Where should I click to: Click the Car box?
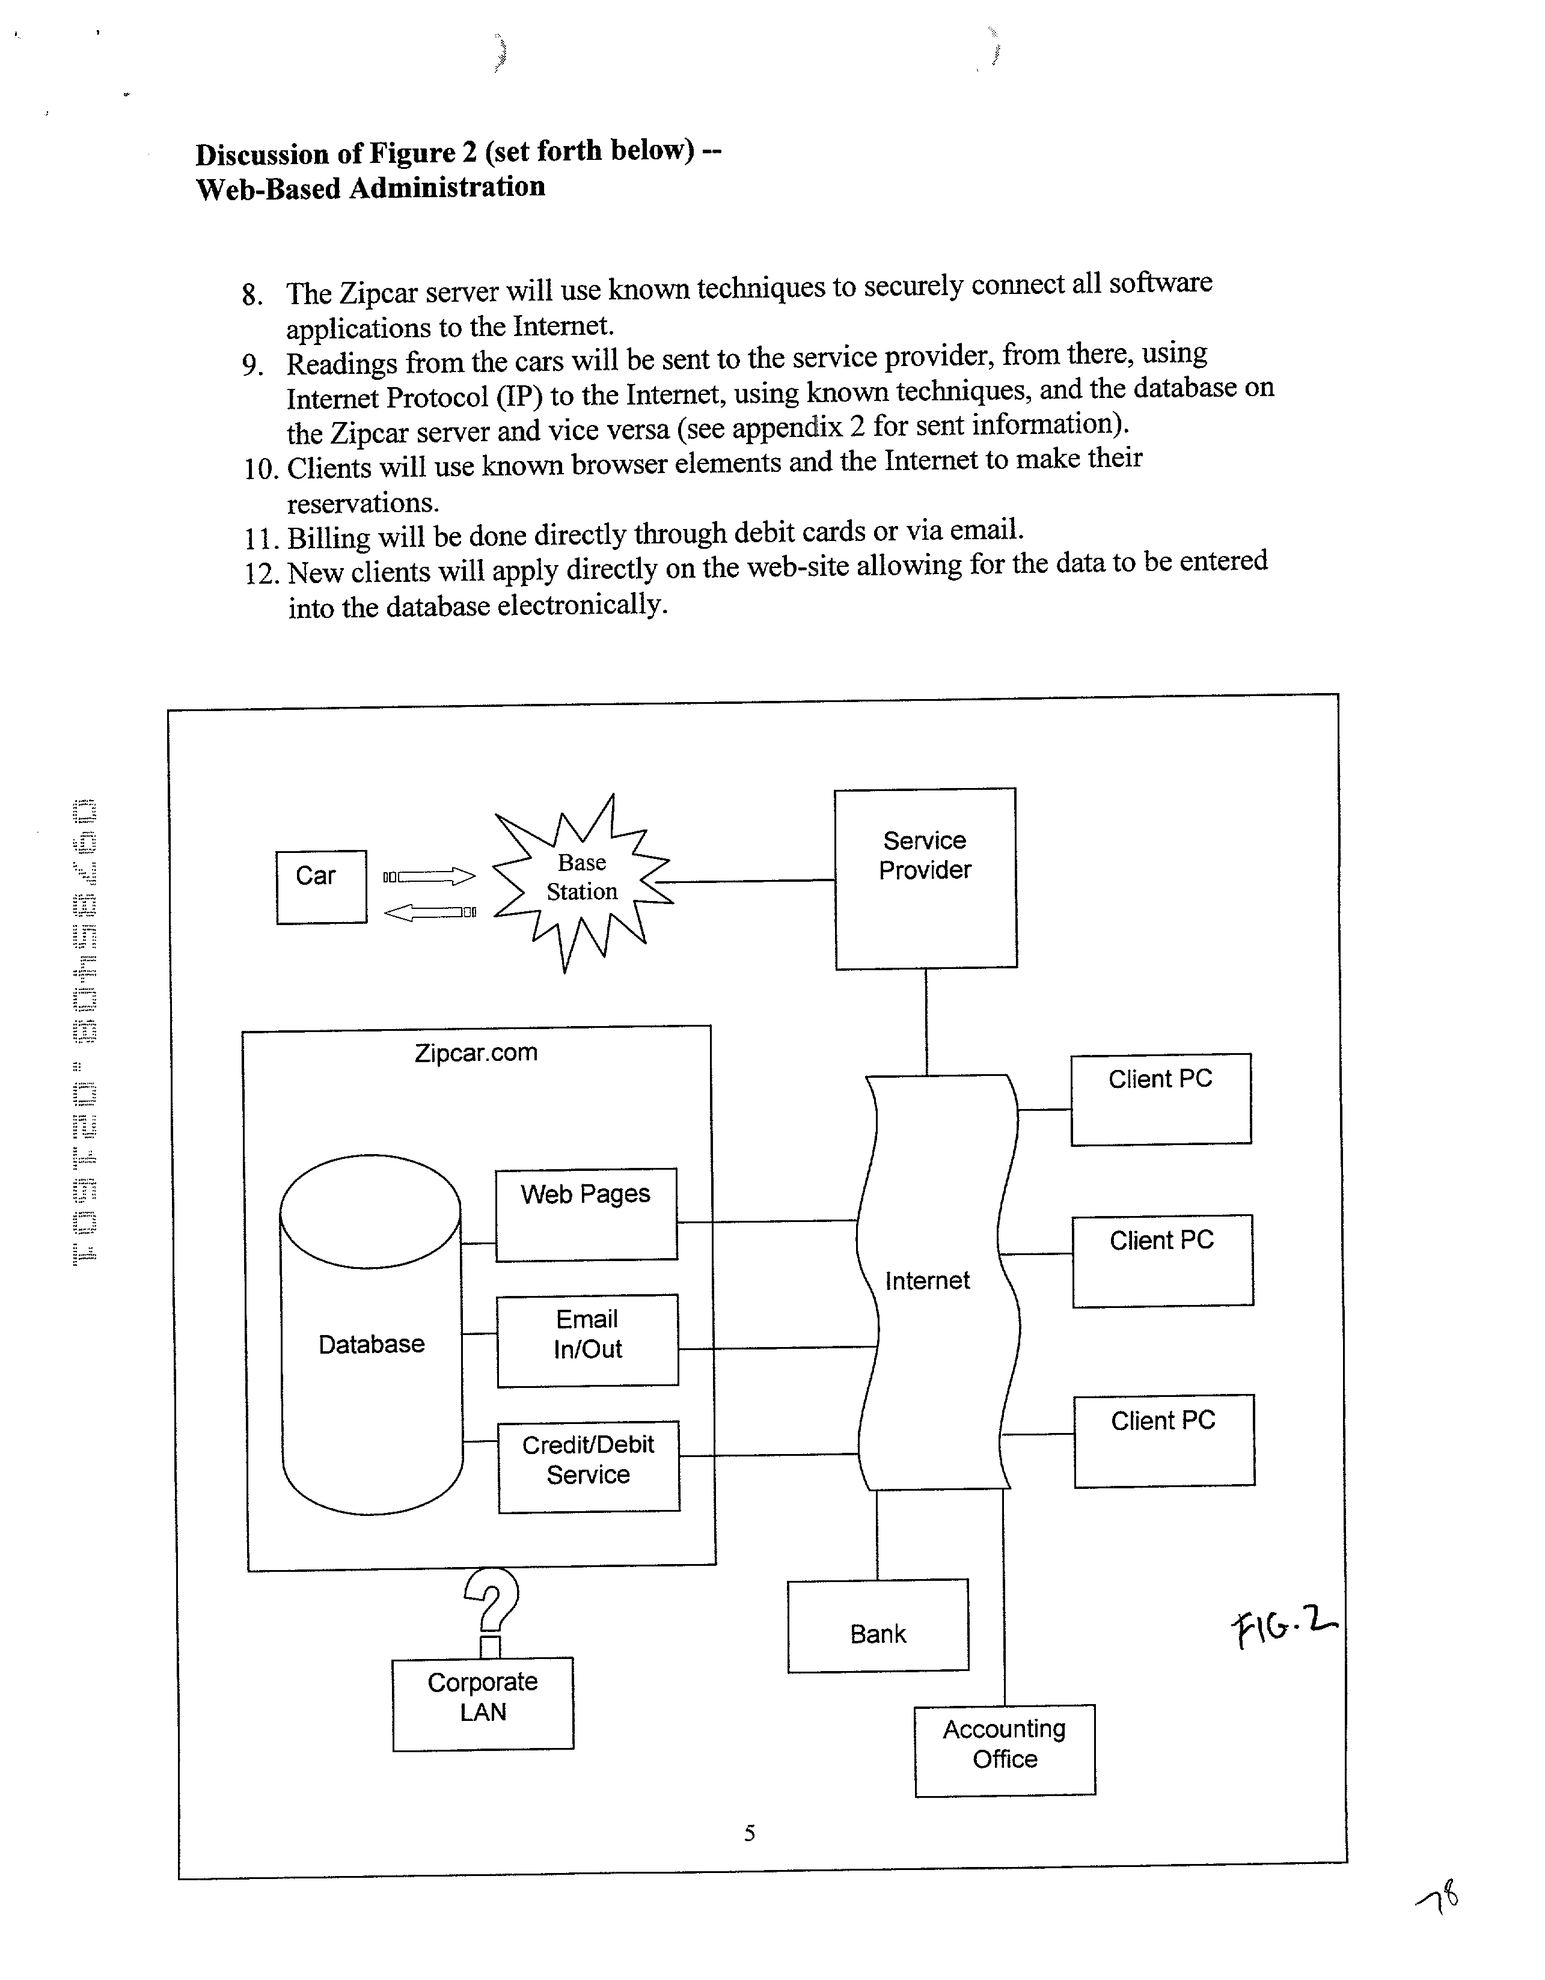click(x=321, y=887)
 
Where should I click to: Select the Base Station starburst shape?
click(x=582, y=878)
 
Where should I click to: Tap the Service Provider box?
click(x=925, y=878)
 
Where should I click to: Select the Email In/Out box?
click(x=587, y=1340)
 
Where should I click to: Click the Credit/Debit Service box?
click(x=589, y=1466)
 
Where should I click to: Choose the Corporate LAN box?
click(x=482, y=1703)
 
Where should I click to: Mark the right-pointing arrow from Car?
click(x=429, y=876)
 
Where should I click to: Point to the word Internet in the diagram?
click(x=926, y=1280)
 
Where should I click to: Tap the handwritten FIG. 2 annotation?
click(x=1282, y=1627)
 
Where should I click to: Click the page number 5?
click(x=750, y=1833)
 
